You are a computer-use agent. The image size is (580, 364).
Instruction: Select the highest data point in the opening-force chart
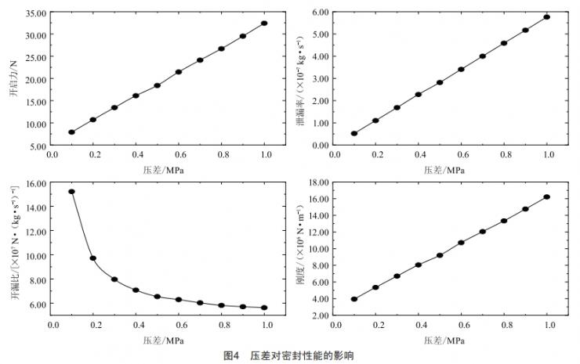264,23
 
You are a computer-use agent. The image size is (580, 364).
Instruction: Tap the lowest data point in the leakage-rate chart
354,133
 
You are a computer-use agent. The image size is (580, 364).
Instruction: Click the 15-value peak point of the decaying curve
71,191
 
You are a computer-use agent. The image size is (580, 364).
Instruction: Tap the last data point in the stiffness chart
546,196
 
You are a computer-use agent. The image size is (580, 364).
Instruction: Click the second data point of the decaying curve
92,258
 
